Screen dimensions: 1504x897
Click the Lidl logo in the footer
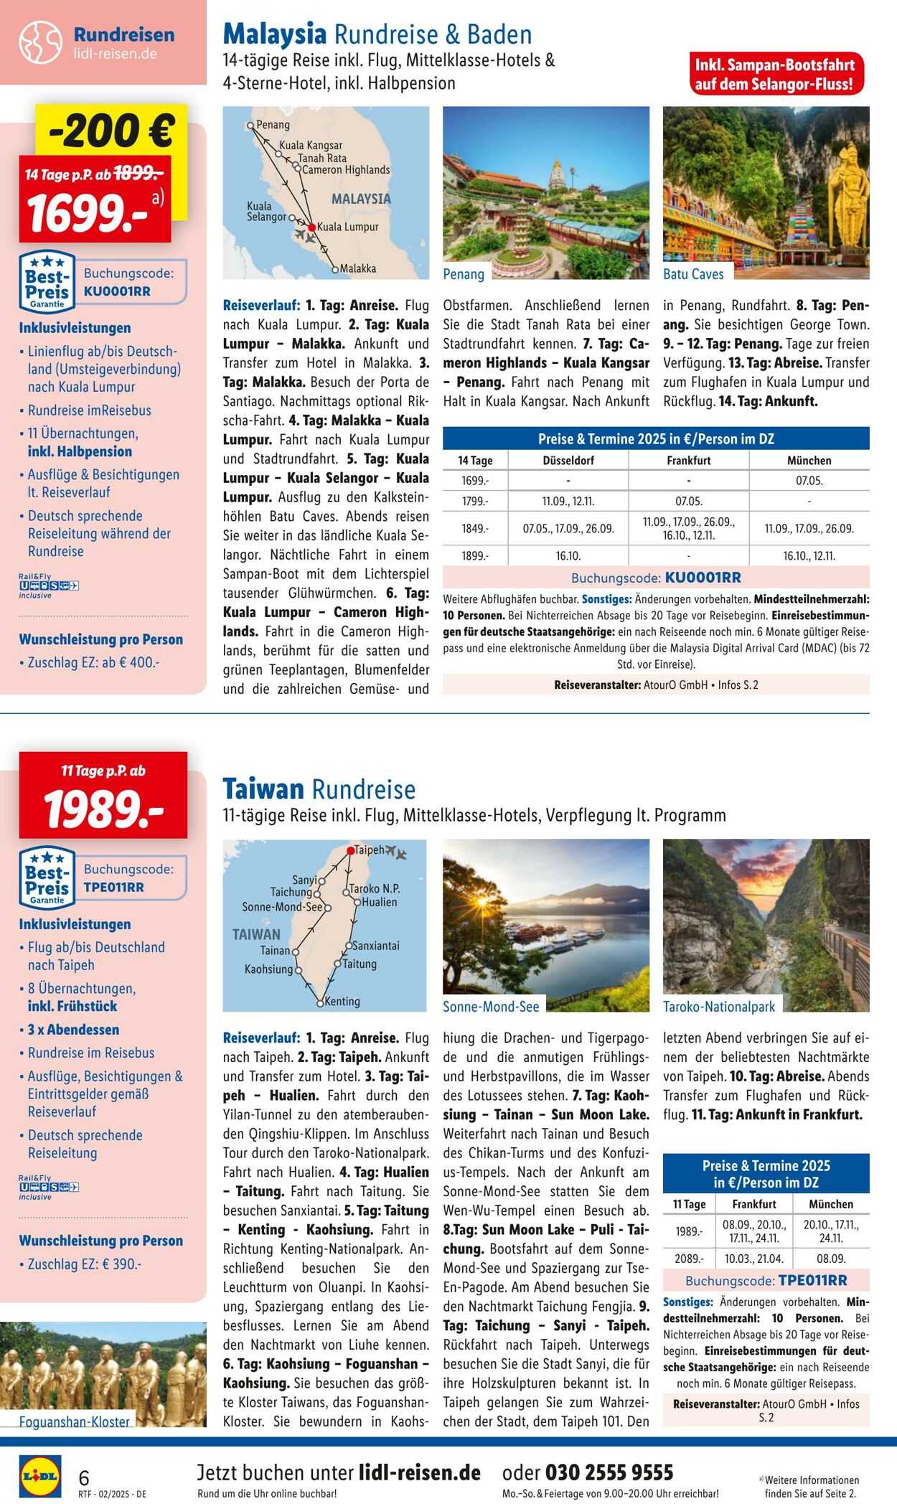point(39,1477)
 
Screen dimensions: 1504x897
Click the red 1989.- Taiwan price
point(103,808)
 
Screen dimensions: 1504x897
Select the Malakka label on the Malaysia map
point(357,268)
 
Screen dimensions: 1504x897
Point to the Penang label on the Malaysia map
point(273,125)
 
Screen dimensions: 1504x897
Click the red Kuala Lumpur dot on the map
point(312,227)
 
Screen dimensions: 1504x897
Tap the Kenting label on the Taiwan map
point(342,1001)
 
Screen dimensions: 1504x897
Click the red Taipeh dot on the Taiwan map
point(351,851)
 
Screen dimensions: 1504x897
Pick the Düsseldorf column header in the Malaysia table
point(568,461)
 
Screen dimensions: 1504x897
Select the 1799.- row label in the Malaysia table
point(474,502)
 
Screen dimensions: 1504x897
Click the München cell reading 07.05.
point(809,481)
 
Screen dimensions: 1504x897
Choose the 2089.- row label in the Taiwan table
point(689,1259)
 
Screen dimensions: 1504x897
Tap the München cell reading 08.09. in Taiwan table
point(831,1259)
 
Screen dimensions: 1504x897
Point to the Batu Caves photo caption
point(693,274)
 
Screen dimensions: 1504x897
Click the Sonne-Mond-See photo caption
point(491,1007)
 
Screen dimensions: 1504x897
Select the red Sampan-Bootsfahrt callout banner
point(774,75)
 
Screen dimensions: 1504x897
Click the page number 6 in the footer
point(84,1477)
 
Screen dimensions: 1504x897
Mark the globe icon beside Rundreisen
point(41,42)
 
